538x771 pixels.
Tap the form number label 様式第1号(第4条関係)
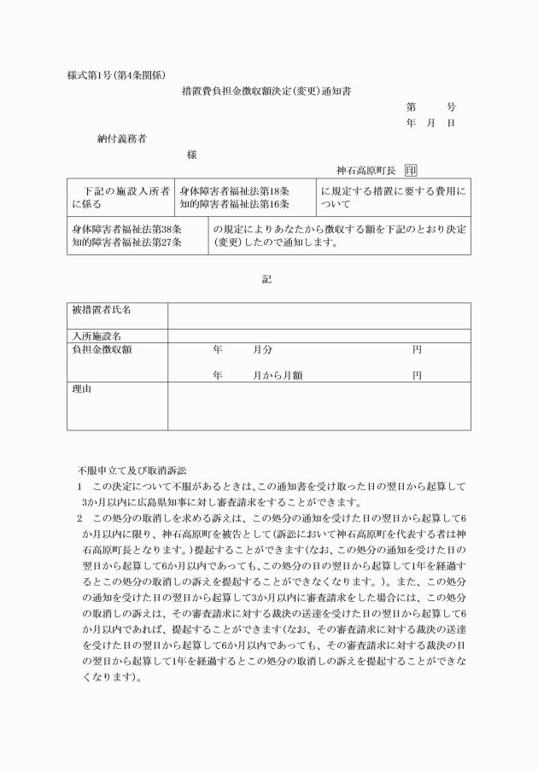click(115, 74)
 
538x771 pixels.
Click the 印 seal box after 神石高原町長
click(411, 171)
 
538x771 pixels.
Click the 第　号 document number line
click(430, 108)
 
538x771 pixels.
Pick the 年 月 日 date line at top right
click(430, 124)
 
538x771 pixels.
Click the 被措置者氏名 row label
click(102, 310)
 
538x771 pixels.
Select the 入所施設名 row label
click(96, 336)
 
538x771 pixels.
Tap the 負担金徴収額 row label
click(102, 350)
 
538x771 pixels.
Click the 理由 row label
click(82, 389)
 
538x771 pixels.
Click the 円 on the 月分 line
click(417, 350)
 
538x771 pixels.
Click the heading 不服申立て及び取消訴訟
click(137, 470)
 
